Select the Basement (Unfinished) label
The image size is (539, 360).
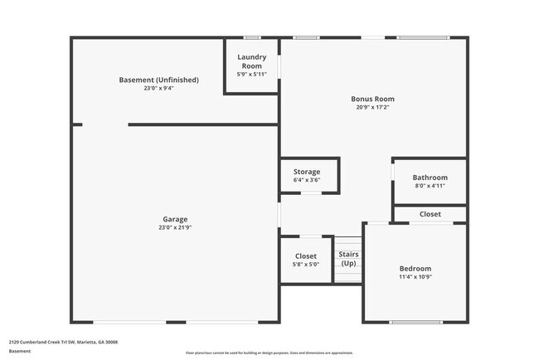[158, 80]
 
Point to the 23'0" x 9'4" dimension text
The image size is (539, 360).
[158, 88]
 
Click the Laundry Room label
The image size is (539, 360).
[250, 61]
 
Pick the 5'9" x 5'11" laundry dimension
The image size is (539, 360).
[250, 75]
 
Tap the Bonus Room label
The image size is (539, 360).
[372, 99]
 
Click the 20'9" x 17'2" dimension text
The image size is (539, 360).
[372, 107]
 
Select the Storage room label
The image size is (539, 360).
[306, 172]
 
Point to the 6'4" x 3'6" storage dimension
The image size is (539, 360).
[306, 180]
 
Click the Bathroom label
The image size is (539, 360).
[430, 178]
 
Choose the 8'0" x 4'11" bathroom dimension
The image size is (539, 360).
[430, 186]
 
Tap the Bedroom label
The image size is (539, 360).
[415, 269]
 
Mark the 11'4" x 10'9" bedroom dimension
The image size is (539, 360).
[415, 277]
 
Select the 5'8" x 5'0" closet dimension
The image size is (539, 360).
[306, 265]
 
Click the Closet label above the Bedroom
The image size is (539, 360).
[430, 214]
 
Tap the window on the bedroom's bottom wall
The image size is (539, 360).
[415, 322]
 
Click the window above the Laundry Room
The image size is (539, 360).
[250, 37]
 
